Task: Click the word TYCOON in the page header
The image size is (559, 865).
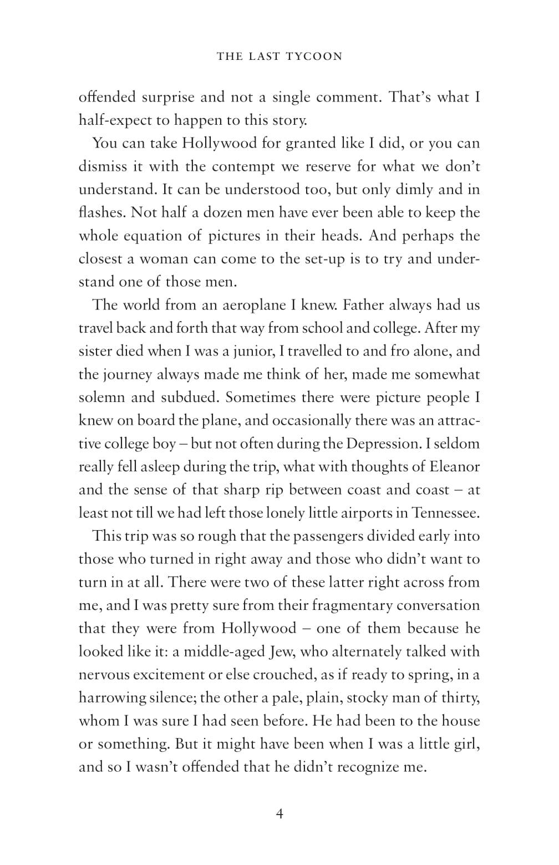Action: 314,56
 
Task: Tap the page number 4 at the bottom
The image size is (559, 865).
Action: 279,813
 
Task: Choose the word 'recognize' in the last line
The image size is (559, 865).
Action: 365,767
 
